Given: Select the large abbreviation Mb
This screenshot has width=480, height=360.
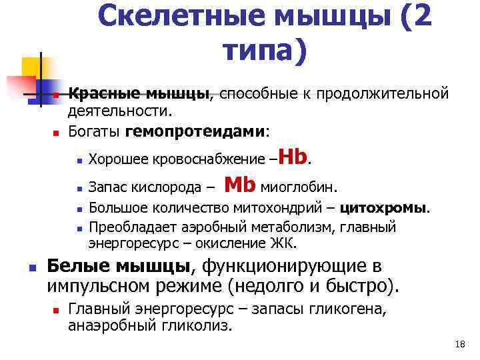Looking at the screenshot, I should tap(241, 183).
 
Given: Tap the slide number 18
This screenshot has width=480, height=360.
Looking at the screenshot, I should tap(459, 344).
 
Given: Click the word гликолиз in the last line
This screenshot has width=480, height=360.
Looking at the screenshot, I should tap(203, 326).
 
